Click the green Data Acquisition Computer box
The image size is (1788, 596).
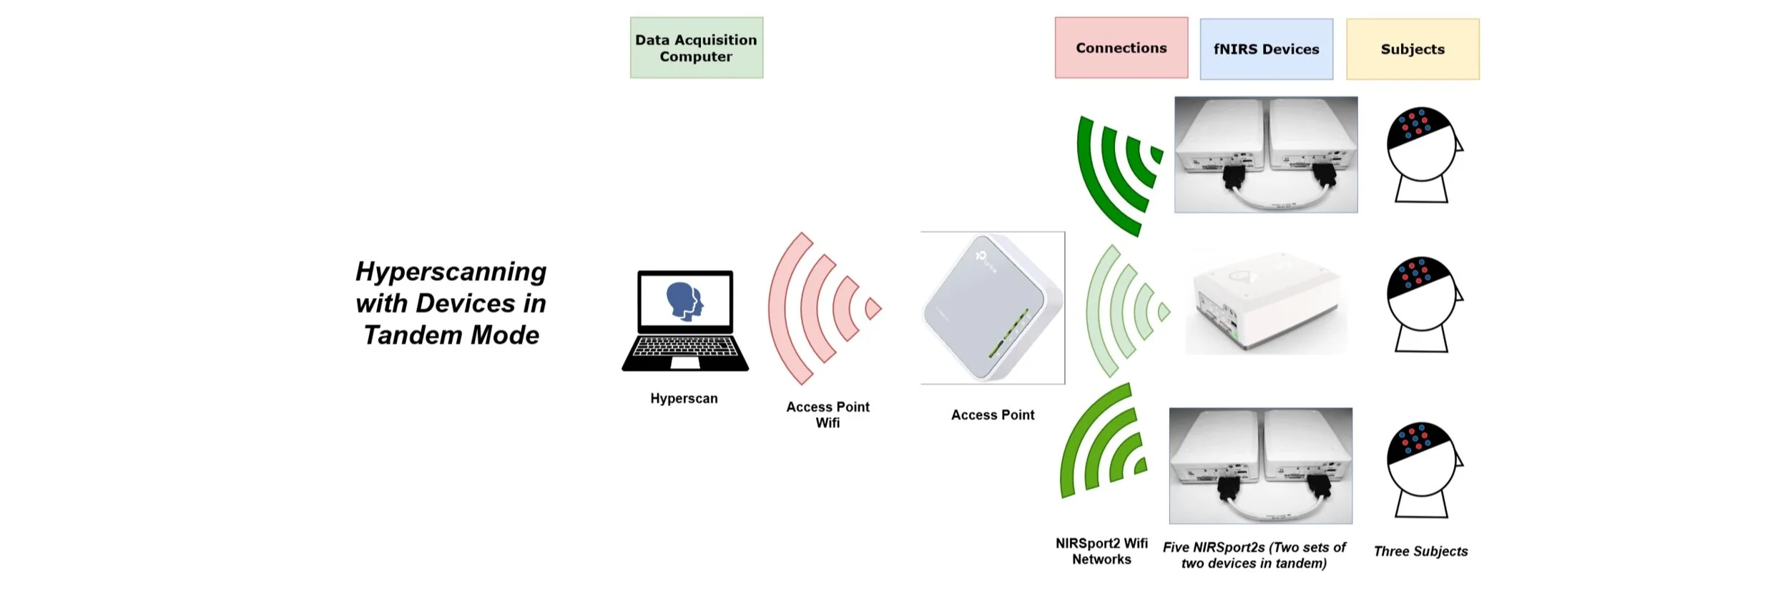(x=696, y=48)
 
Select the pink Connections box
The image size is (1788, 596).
(x=1121, y=48)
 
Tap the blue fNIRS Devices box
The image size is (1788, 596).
(x=1266, y=49)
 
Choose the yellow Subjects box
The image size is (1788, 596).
(x=1413, y=49)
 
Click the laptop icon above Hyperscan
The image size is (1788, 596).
(x=685, y=322)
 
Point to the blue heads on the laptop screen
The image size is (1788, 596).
(x=685, y=300)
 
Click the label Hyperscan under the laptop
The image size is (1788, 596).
(x=684, y=399)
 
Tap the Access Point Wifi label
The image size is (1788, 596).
(x=827, y=414)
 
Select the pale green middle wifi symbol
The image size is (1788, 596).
(x=1123, y=311)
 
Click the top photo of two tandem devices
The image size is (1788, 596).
(x=1266, y=155)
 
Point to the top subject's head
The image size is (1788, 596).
(x=1422, y=146)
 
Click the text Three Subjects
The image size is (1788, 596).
(x=1420, y=551)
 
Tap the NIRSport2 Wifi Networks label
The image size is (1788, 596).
(x=1101, y=551)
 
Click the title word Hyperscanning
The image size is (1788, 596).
(x=451, y=272)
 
